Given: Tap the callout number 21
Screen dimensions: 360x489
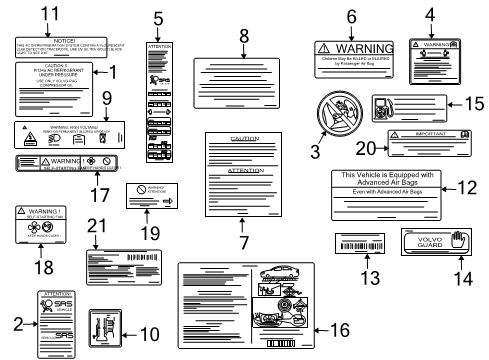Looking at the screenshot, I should click(x=97, y=225).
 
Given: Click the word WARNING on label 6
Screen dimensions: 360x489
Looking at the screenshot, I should click(x=364, y=47).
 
